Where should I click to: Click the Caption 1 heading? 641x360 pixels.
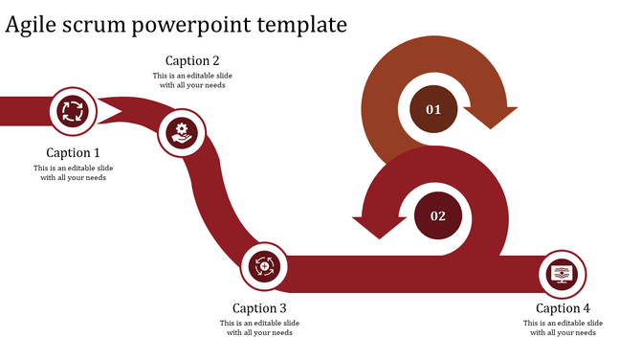point(73,152)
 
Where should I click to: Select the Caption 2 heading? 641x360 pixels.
point(192,60)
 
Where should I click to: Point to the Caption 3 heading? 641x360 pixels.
point(259,307)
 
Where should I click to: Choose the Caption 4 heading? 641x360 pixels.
point(563,307)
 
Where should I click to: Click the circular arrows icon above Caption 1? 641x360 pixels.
point(73,111)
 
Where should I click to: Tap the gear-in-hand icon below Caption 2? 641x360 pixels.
point(181,131)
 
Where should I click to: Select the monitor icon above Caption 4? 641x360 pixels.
point(563,274)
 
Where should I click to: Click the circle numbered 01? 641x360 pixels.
point(433,109)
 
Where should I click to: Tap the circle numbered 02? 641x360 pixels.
point(438,215)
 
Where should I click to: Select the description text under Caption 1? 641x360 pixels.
point(73,172)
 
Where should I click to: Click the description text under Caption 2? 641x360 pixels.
point(192,79)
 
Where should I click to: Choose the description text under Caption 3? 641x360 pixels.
point(259,327)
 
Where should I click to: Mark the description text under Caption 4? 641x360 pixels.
point(563,327)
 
